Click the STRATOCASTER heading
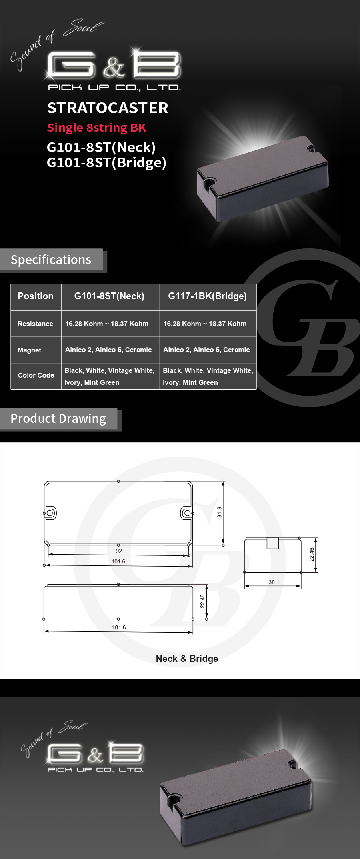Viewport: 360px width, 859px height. pos(108,108)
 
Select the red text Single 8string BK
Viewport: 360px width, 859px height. pos(96,128)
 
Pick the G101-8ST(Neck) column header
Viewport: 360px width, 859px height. pos(109,296)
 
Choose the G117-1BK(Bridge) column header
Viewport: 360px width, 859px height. pos(207,296)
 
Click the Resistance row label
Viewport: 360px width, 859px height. pos(35,324)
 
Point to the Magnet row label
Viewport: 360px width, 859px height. pos(29,350)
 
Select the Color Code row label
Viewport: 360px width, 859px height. pos(36,375)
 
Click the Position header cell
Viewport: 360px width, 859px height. pos(36,296)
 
